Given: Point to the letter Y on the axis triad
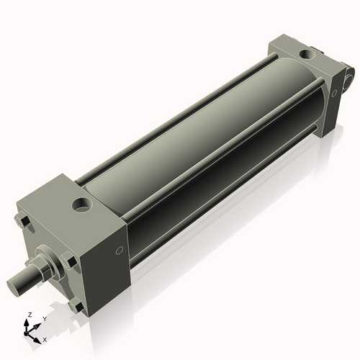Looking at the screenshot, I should point(44,318).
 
